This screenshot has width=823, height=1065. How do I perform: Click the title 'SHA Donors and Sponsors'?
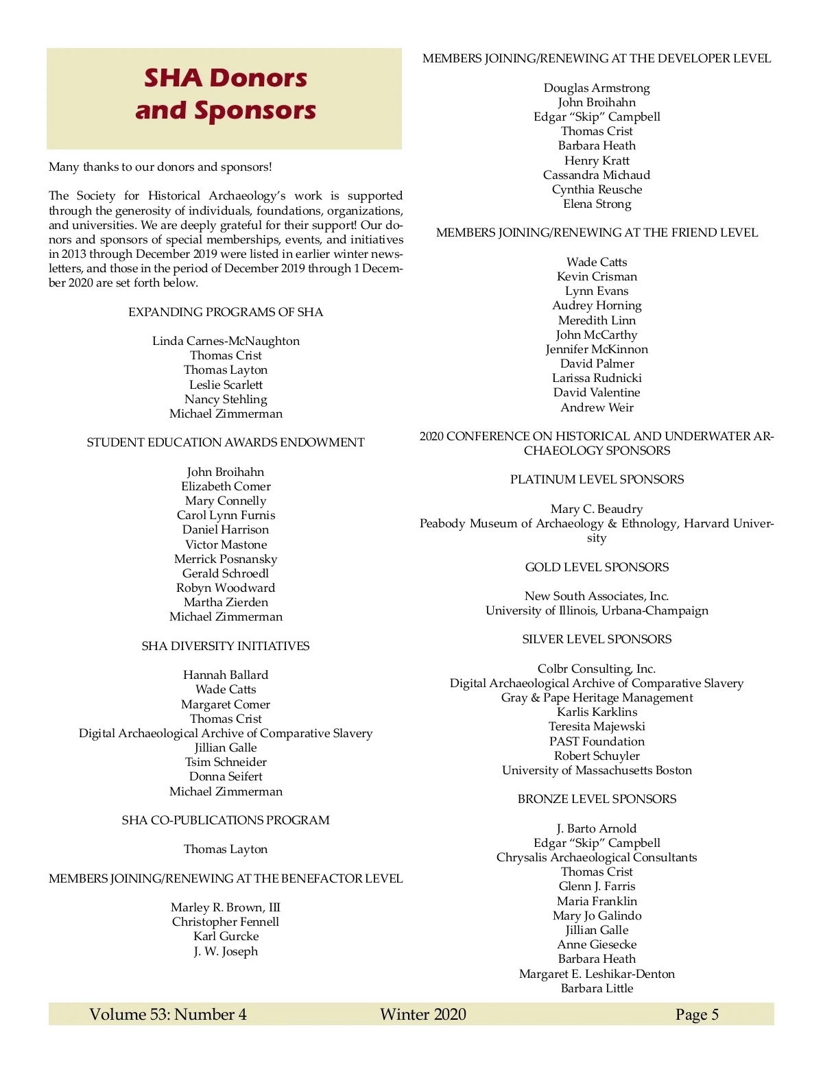pos(226,94)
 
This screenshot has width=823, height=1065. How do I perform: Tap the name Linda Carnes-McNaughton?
pos(226,341)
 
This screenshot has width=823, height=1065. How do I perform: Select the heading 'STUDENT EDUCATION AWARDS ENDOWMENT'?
pos(226,442)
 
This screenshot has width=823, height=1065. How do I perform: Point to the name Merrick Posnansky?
pos(226,559)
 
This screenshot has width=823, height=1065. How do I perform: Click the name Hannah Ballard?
pos(226,675)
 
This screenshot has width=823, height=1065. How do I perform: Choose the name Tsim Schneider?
pos(226,762)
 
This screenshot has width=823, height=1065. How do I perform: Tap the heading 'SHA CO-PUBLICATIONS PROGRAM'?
pos(226,820)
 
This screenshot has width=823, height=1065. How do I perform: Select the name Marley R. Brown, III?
pos(226,907)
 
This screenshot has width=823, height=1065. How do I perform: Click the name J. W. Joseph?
pos(226,951)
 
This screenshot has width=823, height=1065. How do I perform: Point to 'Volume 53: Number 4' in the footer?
pos(168,1014)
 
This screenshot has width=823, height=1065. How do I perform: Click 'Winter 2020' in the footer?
pos(423,1014)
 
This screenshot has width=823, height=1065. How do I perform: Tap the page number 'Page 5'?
pos(697,1014)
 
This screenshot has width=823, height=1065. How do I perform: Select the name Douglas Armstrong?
pos(597,88)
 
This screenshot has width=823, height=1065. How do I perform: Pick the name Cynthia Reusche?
pos(597,189)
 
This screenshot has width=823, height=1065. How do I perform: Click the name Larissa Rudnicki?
pos(597,378)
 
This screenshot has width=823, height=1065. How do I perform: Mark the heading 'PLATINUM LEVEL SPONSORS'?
pos(597,479)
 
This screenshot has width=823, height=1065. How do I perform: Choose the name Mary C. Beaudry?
pos(597,509)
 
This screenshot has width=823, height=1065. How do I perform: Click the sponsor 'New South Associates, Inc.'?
pos(597,596)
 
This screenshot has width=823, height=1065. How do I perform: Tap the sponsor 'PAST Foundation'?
pos(597,741)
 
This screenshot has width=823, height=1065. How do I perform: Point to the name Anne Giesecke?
pos(597,944)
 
